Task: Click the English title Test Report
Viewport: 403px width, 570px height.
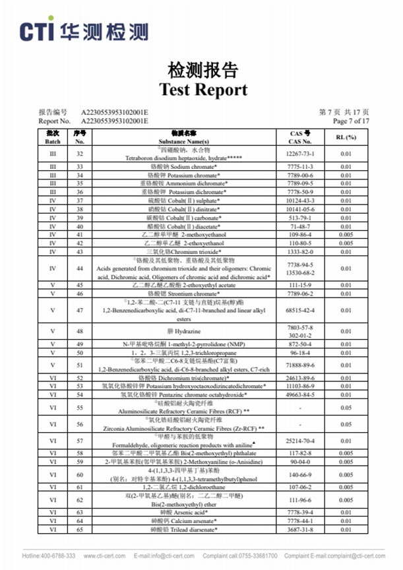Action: click(x=203, y=90)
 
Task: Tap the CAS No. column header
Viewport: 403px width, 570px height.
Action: click(x=300, y=137)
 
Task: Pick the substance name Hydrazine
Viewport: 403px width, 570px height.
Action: click(x=202, y=329)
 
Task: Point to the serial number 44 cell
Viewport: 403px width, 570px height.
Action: click(x=80, y=269)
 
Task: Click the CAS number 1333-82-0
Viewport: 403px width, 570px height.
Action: click(x=300, y=251)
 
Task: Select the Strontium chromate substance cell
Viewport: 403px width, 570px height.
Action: click(x=202, y=294)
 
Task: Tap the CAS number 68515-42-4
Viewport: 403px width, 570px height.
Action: click(x=300, y=311)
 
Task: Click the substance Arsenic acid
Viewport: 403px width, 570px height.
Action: click(x=202, y=512)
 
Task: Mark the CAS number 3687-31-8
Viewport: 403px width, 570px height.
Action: click(x=300, y=529)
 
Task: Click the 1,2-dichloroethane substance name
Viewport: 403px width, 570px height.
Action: click(x=202, y=486)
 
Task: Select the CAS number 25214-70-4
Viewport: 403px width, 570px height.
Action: click(x=300, y=439)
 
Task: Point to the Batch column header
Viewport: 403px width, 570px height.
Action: click(x=52, y=137)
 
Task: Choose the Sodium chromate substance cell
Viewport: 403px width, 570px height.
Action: click(x=202, y=167)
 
